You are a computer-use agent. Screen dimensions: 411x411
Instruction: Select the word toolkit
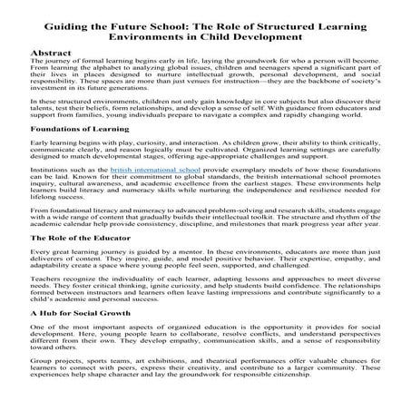click(269, 246)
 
